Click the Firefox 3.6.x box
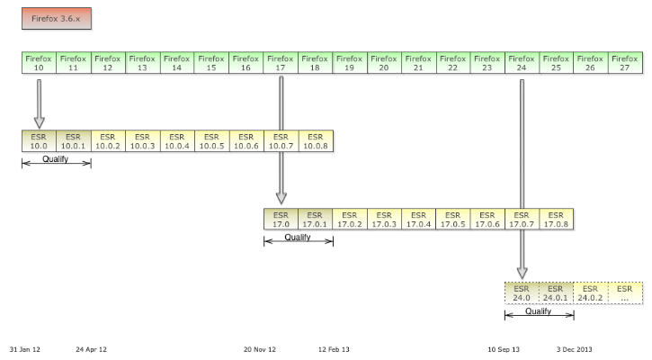(56, 18)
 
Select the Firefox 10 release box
(39, 63)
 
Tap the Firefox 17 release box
(281, 63)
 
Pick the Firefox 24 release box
(522, 63)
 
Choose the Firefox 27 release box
(626, 63)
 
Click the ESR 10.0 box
(39, 141)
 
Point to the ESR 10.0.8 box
(316, 141)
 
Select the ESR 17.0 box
(281, 219)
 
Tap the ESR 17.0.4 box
(419, 219)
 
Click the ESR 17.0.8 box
(557, 219)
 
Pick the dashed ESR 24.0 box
(522, 292)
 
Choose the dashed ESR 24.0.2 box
(591, 292)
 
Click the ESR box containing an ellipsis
(626, 292)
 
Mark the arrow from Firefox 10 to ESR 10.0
(39, 103)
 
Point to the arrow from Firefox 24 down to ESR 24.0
(522, 180)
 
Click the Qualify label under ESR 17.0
(298, 238)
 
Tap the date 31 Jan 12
(25, 349)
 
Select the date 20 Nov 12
(260, 349)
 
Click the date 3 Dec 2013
(574, 349)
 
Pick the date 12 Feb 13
(334, 349)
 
